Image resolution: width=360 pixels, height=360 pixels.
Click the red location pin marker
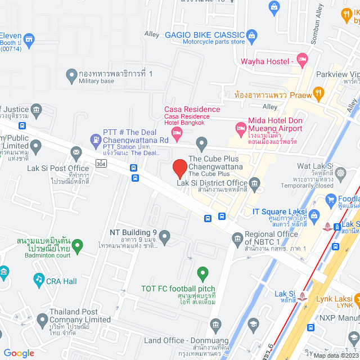coord(179,168)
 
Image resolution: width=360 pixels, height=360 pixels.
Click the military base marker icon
coord(71,74)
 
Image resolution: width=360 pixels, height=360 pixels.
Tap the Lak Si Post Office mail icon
coord(76,152)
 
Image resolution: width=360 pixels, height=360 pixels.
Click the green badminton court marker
coord(78,245)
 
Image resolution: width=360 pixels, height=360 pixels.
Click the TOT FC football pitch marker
coord(203,274)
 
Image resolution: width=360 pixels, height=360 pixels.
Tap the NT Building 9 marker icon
coord(164,237)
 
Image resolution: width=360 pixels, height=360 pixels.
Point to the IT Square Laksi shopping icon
coord(314,214)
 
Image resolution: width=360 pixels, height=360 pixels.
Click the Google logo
coord(19,353)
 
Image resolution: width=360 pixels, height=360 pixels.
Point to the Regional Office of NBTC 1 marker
coord(237,240)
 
